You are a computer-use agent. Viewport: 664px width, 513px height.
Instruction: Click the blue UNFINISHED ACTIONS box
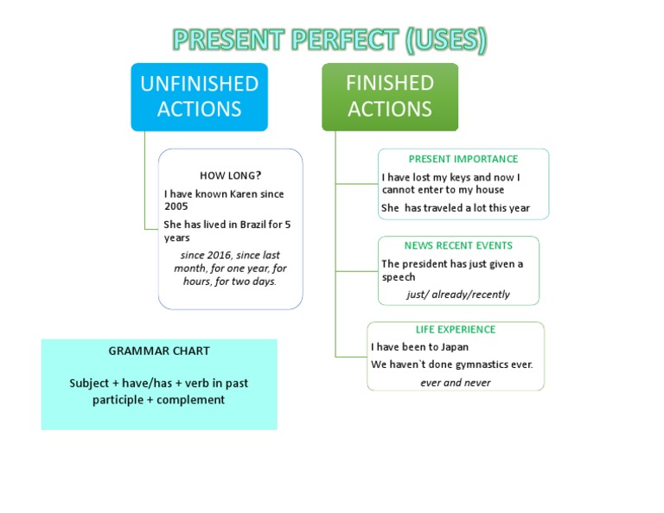click(199, 96)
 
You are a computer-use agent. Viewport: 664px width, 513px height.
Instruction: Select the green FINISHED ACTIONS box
click(390, 96)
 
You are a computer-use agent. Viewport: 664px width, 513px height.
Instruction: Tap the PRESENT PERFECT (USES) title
click(329, 40)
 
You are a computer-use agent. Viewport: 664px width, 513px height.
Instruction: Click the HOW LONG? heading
click(230, 175)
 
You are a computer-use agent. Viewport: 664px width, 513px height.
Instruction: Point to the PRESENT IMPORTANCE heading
click(463, 159)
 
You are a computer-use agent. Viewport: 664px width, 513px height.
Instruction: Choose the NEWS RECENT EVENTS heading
click(458, 245)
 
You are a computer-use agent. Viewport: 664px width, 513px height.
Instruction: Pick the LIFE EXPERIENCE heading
click(456, 329)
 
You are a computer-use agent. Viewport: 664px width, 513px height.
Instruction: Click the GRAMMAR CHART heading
click(159, 351)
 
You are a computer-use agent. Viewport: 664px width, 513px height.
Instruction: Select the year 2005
click(176, 206)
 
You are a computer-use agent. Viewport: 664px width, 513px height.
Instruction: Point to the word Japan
click(454, 347)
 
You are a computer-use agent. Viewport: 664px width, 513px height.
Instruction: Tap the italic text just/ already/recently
click(458, 294)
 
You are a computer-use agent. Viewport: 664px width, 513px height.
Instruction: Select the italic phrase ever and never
click(456, 383)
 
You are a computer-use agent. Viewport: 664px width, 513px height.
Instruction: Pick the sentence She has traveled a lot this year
click(455, 208)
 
